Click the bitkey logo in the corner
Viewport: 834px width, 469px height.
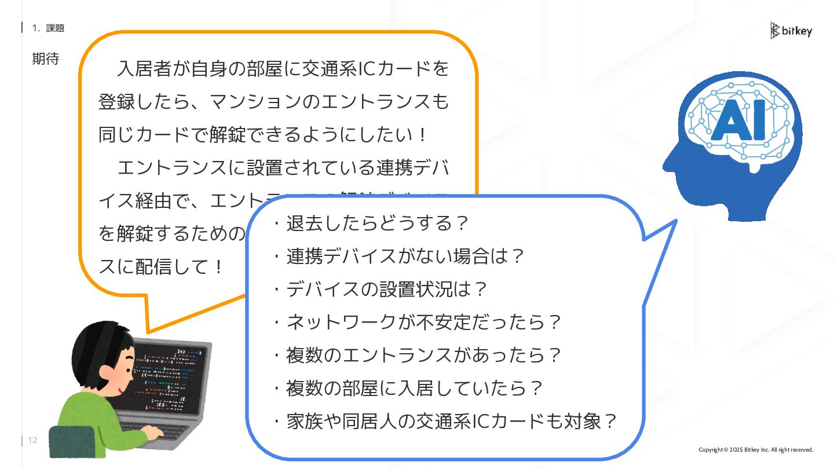791,31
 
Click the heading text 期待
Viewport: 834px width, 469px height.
45,58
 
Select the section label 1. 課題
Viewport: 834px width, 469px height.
48,28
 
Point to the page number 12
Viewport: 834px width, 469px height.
32,440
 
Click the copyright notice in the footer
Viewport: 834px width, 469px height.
755,450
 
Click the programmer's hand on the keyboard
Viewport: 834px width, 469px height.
152,432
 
